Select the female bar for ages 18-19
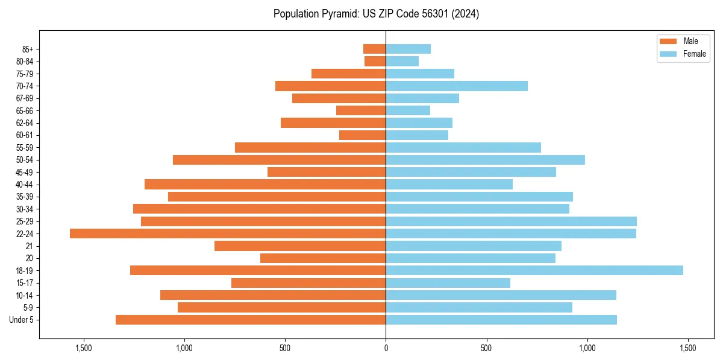pyautogui.click(x=534, y=270)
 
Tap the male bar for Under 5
pyautogui.click(x=251, y=320)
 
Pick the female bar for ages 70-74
pyautogui.click(x=457, y=86)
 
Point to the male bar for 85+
pyautogui.click(x=374, y=49)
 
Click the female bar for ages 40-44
pyautogui.click(x=449, y=184)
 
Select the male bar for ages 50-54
pyautogui.click(x=279, y=160)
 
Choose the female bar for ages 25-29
pyautogui.click(x=511, y=221)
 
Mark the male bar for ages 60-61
pyautogui.click(x=362, y=135)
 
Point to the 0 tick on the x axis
pyautogui.click(x=386, y=348)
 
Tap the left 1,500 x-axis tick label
pyautogui.click(x=83, y=348)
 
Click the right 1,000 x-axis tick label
pyautogui.click(x=587, y=348)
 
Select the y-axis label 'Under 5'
pyautogui.click(x=21, y=320)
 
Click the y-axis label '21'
pyautogui.click(x=30, y=246)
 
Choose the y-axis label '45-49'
pyautogui.click(x=24, y=172)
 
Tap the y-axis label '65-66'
pyautogui.click(x=24, y=110)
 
